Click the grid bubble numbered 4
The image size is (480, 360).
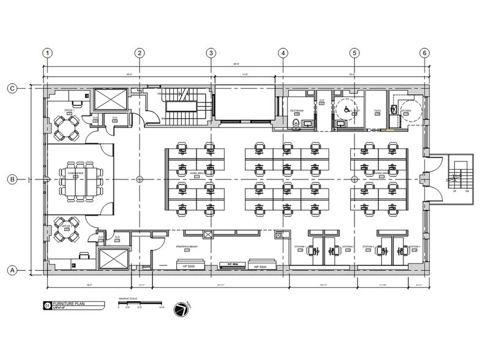tap(283, 53)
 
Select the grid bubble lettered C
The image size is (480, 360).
tap(12, 88)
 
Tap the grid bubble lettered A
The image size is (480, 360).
tap(12, 269)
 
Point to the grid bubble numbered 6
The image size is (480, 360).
tap(424, 53)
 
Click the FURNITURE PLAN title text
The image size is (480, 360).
tap(65, 304)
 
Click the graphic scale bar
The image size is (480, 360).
tap(140, 304)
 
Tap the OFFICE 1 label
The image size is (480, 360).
tap(69, 110)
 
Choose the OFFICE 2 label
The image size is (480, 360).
tap(68, 226)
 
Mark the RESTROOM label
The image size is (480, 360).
tap(298, 111)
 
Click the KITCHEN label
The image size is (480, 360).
tap(406, 111)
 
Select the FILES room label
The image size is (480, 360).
tap(377, 111)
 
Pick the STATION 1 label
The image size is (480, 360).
tap(299, 246)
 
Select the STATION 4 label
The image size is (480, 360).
tap(414, 246)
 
